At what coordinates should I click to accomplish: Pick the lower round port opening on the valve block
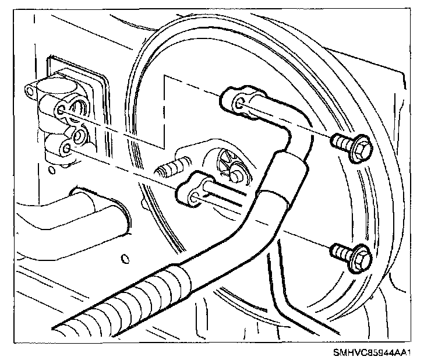[77, 136]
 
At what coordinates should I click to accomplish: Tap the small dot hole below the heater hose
[124, 256]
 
